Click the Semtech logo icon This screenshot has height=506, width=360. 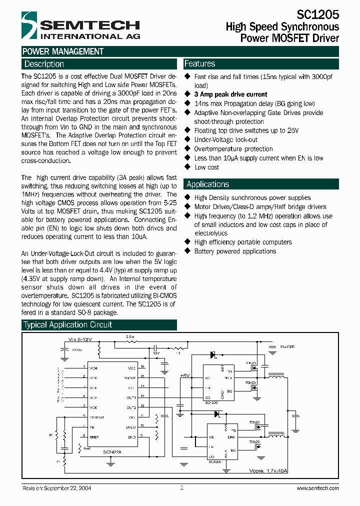[30, 25]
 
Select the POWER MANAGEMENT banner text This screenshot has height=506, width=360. [63, 51]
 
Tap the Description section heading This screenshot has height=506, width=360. [44, 64]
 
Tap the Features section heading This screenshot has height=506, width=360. [200, 63]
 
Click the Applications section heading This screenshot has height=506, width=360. [207, 184]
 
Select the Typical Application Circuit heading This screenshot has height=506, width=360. [68, 325]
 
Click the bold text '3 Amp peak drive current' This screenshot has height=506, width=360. [230, 94]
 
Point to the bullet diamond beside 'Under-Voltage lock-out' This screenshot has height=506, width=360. [187, 139]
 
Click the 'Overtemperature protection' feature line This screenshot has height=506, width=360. [233, 149]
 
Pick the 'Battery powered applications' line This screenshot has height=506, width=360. [234, 251]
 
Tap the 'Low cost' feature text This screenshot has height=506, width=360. [206, 167]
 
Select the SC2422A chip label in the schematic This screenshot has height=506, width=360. [113, 452]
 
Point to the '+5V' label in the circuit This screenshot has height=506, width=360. [185, 375]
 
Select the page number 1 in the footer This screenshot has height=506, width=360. [181, 487]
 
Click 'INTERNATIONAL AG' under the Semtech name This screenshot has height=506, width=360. [90, 36]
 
